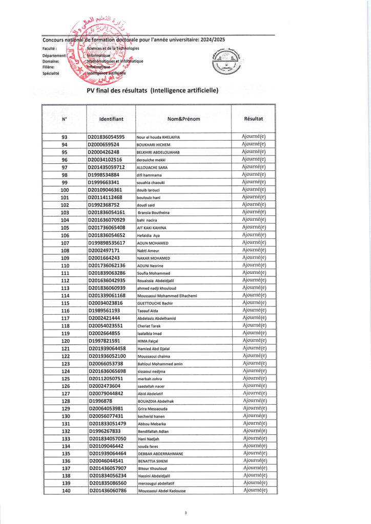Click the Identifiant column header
click(111, 119)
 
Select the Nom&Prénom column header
click(183, 119)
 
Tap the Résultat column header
click(254, 118)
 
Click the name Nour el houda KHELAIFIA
click(158, 137)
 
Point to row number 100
click(65, 190)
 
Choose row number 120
click(65, 341)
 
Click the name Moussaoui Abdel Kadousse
click(161, 491)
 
